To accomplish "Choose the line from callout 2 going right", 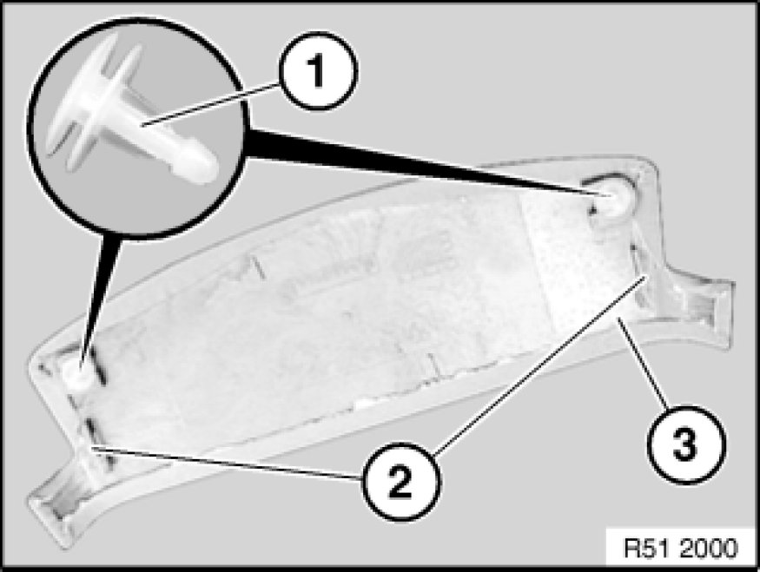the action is point(539,365).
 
